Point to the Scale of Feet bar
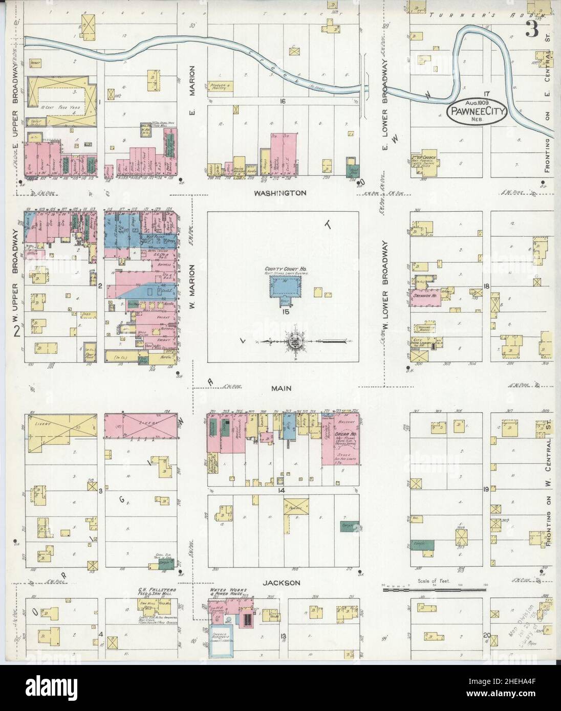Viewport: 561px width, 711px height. point(434,589)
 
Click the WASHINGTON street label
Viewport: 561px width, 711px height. point(282,193)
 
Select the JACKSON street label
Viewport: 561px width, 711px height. point(282,583)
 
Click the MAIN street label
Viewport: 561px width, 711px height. point(282,388)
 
